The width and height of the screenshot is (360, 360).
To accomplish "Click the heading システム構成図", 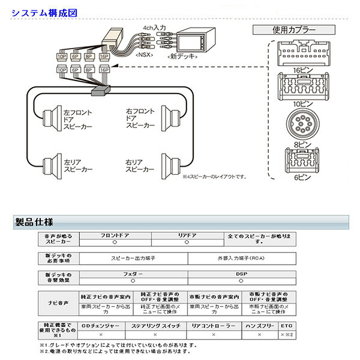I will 40,11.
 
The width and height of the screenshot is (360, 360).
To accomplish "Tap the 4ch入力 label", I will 154,28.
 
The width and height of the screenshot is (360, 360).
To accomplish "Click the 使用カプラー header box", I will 300,29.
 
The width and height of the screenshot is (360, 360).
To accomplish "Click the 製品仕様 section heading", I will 34,222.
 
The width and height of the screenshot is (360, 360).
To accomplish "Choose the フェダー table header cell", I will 133,274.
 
